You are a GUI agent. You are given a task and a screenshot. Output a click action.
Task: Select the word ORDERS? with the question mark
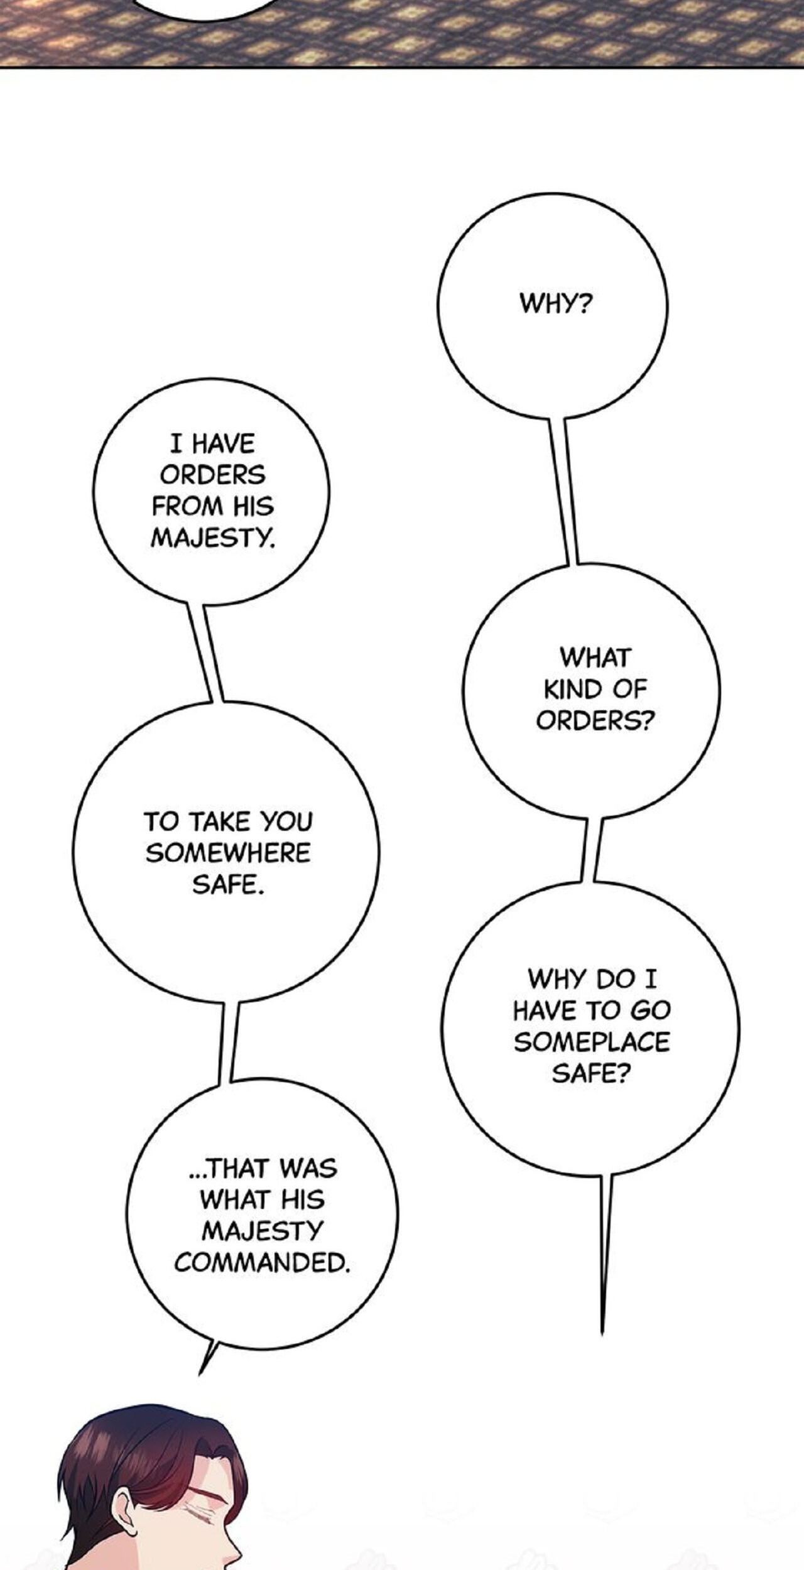coord(595,720)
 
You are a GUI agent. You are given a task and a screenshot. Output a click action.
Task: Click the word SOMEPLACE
coord(592,1042)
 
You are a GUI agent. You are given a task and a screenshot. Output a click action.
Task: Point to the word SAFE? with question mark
coord(591,1073)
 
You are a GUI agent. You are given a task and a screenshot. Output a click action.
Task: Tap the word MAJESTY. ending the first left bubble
coord(213,538)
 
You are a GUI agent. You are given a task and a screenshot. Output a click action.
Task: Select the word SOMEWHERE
coord(229,853)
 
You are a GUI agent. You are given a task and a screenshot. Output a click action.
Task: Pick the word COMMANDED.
coord(262,1262)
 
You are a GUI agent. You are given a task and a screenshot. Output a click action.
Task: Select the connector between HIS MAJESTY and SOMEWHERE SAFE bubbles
coord(205,653)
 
